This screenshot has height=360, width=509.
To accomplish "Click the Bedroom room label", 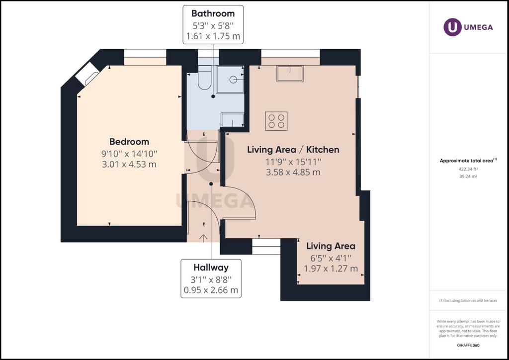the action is click(x=129, y=142).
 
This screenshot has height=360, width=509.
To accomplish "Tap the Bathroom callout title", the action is click(x=213, y=13).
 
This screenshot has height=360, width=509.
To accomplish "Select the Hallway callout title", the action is click(x=211, y=268).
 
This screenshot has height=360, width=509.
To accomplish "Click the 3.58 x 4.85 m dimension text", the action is click(x=293, y=172).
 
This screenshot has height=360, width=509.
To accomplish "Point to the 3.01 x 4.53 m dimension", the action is click(x=129, y=164).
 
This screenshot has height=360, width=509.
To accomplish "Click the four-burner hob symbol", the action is click(x=276, y=121).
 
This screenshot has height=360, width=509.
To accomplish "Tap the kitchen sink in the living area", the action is click(x=290, y=74).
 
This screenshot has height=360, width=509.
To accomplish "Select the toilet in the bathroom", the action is click(x=204, y=78).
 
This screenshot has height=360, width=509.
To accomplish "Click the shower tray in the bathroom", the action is click(x=230, y=80).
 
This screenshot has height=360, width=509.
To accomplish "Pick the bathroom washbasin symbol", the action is click(x=232, y=120).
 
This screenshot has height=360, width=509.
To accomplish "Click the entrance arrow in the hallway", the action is click(x=203, y=238).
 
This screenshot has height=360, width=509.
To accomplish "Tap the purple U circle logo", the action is click(x=452, y=27).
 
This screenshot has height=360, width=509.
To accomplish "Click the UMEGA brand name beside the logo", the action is click(x=479, y=27).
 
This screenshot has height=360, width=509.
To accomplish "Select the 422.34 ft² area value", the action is click(x=468, y=169).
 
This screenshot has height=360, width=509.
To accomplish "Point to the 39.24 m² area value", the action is click(x=468, y=177).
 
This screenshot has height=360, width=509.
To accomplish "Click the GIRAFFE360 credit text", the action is click(x=468, y=345).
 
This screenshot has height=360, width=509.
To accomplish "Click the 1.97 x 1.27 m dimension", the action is click(x=331, y=269).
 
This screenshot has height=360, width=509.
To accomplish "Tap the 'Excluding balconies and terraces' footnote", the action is click(x=468, y=301).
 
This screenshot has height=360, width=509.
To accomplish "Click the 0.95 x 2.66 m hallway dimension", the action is click(x=211, y=290).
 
